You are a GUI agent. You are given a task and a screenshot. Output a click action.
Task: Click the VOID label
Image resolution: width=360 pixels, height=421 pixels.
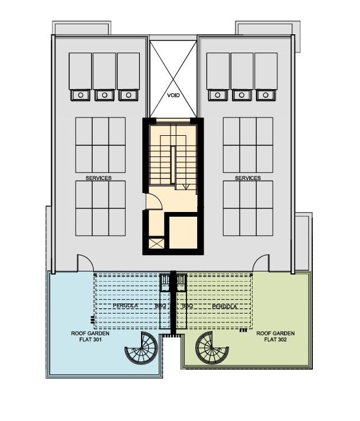point(173,95)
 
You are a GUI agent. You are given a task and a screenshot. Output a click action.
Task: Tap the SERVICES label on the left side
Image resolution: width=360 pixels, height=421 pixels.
point(99,178)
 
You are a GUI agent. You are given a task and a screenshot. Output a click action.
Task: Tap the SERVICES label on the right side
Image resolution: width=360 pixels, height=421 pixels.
point(248,178)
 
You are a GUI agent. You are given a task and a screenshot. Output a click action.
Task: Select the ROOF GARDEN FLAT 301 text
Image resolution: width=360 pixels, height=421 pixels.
point(90,337)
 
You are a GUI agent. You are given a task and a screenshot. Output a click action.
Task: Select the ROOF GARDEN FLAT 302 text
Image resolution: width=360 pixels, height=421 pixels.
point(276,337)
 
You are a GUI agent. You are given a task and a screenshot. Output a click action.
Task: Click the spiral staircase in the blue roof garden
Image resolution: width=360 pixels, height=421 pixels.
point(141,348)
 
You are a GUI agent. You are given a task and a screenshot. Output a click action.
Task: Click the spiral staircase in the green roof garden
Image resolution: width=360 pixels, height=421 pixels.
point(212,348)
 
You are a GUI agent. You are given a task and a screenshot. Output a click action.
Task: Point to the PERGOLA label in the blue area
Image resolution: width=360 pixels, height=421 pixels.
point(125,305)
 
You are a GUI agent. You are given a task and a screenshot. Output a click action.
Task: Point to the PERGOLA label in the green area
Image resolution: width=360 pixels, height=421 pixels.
point(224,306)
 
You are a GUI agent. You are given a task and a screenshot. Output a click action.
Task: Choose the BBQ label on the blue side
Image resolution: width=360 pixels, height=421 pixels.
point(161,306)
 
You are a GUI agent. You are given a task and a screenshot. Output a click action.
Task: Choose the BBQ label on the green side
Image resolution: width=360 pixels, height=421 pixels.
point(188,306)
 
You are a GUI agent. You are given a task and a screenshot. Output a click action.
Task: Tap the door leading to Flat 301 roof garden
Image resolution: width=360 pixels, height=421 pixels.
point(86,263)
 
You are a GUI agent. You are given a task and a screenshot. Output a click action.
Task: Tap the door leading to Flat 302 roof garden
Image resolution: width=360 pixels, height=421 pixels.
point(261,263)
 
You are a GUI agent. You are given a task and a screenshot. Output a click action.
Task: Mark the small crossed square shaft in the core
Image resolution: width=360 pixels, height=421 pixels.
point(156,244)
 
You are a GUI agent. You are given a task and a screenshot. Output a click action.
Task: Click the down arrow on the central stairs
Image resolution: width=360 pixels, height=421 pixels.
point(187,187)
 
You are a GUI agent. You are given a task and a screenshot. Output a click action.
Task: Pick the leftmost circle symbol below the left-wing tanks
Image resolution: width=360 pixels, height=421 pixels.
point(80,95)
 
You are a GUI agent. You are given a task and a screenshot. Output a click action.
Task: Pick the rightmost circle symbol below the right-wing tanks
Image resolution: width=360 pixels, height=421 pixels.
point(266,95)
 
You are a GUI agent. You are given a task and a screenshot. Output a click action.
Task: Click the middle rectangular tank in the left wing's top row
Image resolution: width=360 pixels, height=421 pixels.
point(104,71)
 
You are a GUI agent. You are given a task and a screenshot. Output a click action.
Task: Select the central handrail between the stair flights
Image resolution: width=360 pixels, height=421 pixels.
point(173,165)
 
